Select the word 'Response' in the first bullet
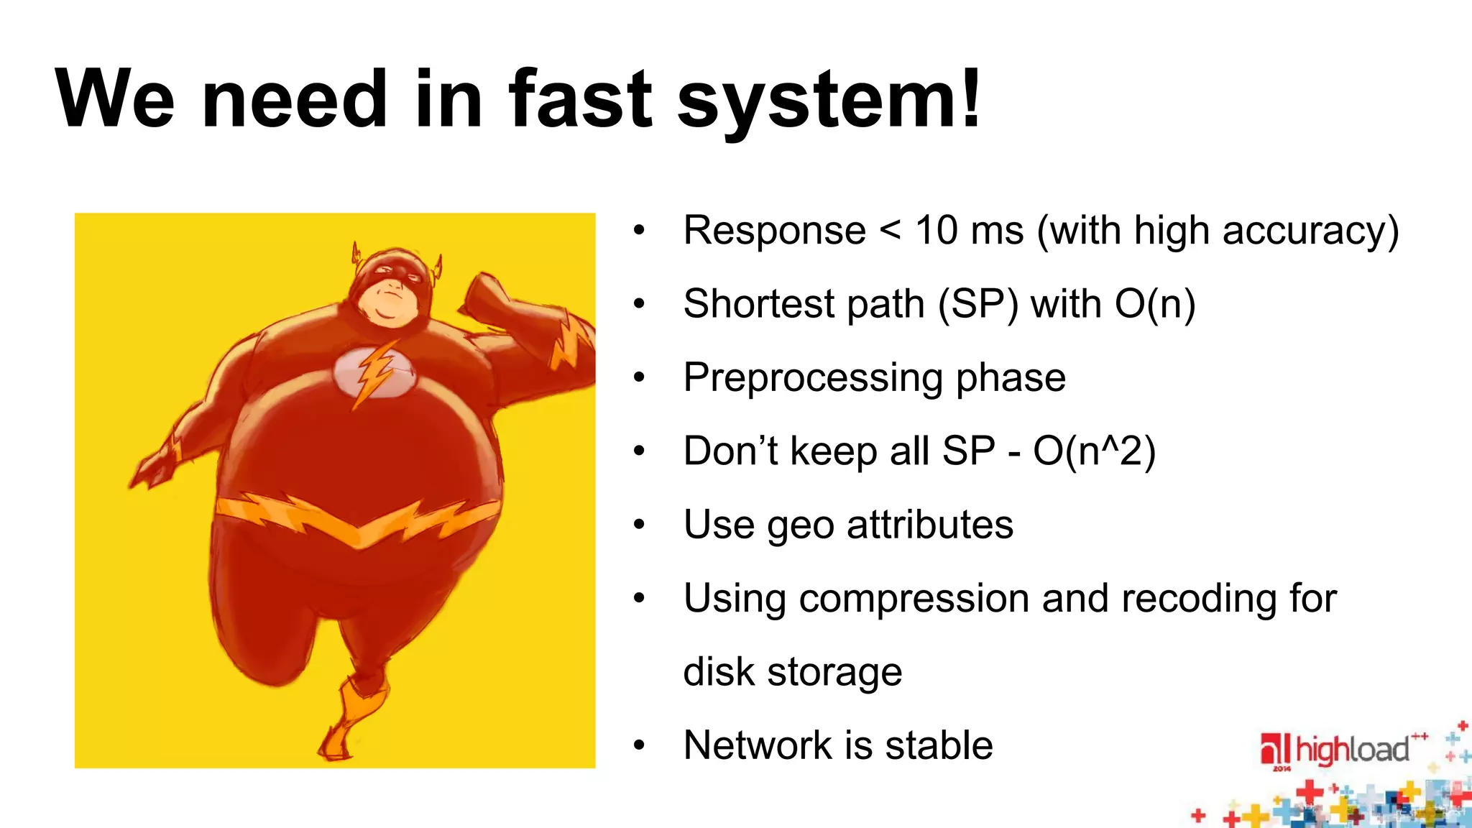774,231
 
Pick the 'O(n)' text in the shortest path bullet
1155,304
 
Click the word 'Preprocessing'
813,378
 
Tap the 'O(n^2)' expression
1094,451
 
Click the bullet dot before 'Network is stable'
639,745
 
